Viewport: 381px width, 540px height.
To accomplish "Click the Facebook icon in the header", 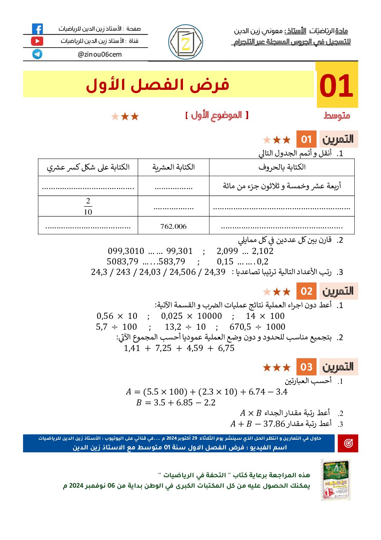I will pyautogui.click(x=37, y=29).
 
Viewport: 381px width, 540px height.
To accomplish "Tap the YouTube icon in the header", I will pyautogui.click(x=37, y=41).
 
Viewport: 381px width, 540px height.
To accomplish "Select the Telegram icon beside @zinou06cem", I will pyautogui.click(x=37, y=54).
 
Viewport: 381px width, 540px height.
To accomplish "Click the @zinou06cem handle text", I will pyautogui.click(x=100, y=54).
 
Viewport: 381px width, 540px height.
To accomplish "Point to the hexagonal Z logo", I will pyautogui.click(x=185, y=42).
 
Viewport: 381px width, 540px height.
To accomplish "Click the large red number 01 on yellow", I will pyautogui.click(x=336, y=86).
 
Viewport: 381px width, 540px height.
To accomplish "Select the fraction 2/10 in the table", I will pyautogui.click(x=88, y=206).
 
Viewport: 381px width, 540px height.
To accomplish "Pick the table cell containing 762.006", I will pyautogui.click(x=173, y=226).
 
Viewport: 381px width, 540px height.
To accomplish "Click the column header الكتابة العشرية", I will pyautogui.click(x=173, y=167).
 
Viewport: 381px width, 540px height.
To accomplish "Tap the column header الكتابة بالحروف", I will pyautogui.click(x=282, y=167).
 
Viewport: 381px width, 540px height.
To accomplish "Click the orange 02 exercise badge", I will pyautogui.click(x=306, y=291).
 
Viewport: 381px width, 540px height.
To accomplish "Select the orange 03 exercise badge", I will pyautogui.click(x=306, y=367).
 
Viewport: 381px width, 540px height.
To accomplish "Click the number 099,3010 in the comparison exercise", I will pyautogui.click(x=126, y=251).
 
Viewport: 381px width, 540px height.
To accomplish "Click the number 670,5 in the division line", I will pyautogui.click(x=240, y=327).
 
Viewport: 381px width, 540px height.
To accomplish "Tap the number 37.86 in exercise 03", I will pyautogui.click(x=274, y=424).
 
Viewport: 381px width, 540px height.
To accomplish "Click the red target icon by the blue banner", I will pyautogui.click(x=348, y=443).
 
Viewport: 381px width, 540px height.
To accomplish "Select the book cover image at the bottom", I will pyautogui.click(x=335, y=479).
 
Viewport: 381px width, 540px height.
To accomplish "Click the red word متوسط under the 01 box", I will pyautogui.click(x=337, y=116).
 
